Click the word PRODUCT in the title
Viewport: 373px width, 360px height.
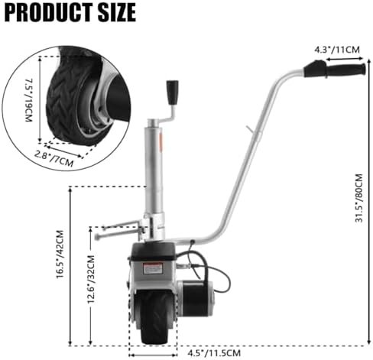(x=48, y=12)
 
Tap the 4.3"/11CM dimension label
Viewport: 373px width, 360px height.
(x=337, y=50)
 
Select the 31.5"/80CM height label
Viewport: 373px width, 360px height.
(x=359, y=198)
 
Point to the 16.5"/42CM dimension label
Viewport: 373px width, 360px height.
(x=60, y=254)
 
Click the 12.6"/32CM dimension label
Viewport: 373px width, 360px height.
(x=91, y=279)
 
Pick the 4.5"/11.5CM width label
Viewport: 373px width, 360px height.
(x=214, y=353)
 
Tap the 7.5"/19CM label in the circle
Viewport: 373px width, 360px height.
(x=29, y=100)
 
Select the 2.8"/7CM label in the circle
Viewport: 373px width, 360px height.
(x=54, y=158)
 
